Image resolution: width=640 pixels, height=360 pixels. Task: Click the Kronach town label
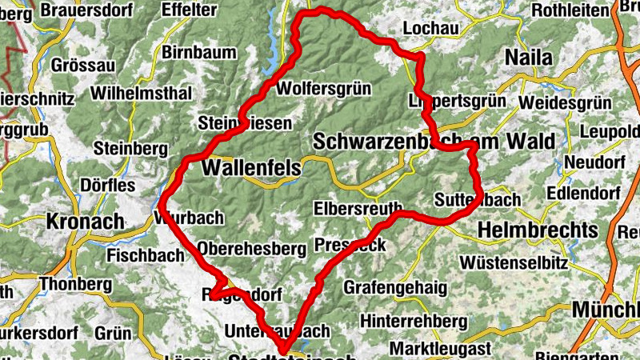click(86, 221)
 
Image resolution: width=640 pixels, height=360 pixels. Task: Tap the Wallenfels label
click(252, 168)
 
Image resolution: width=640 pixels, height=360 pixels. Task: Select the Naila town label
click(530, 58)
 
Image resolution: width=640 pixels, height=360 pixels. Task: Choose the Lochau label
click(431, 28)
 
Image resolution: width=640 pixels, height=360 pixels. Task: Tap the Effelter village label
click(189, 10)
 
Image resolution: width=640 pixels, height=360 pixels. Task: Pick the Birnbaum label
click(199, 53)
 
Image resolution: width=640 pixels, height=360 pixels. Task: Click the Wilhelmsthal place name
click(142, 94)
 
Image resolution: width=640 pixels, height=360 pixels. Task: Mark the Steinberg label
click(130, 149)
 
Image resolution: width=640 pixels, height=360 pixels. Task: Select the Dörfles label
click(108, 186)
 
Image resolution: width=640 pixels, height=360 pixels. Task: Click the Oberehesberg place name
click(252, 248)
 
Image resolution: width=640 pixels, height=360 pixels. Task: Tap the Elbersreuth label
click(358, 208)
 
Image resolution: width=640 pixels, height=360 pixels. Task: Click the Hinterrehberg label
click(413, 321)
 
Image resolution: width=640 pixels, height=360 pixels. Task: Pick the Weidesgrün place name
click(564, 104)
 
